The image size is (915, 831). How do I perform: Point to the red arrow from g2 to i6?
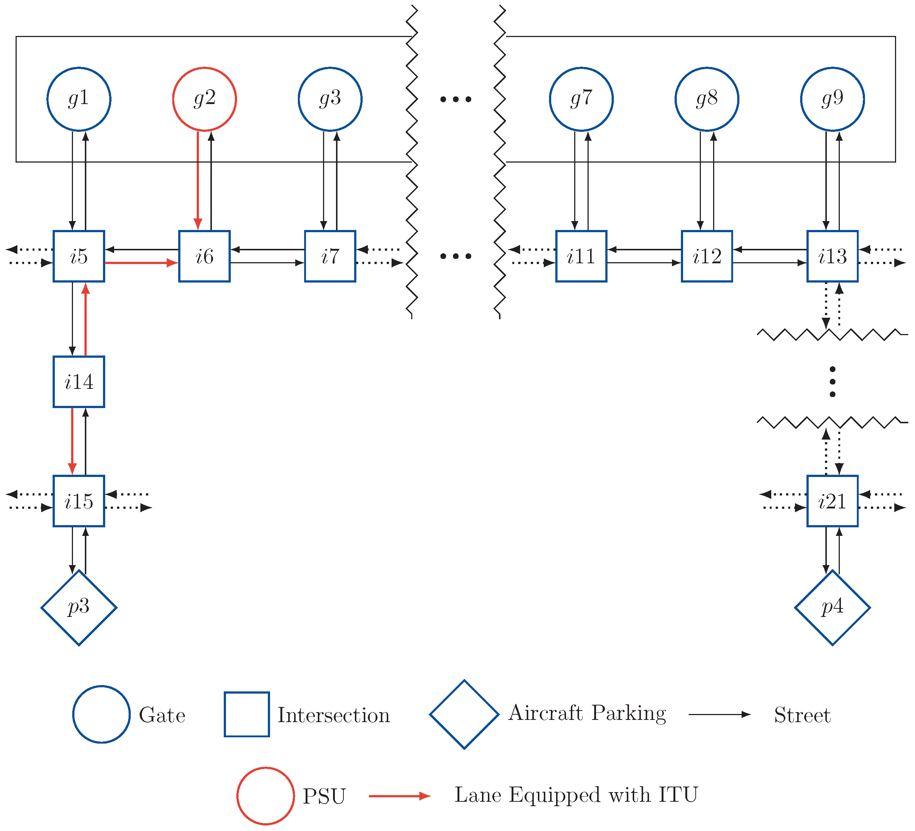198,181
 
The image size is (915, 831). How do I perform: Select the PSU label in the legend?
324,797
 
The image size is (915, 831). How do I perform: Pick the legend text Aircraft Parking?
587,714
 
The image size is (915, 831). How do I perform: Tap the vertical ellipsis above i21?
832,382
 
